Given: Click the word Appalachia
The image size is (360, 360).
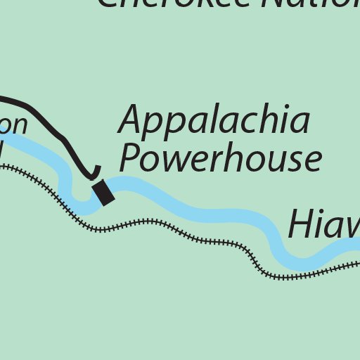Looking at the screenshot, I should click(x=214, y=121).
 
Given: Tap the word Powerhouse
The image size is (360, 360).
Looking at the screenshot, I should click(x=220, y=159).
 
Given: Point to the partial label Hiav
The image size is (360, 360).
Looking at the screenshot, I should click(x=323, y=224).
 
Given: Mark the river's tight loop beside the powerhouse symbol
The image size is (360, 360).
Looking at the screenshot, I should click(x=78, y=199).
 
